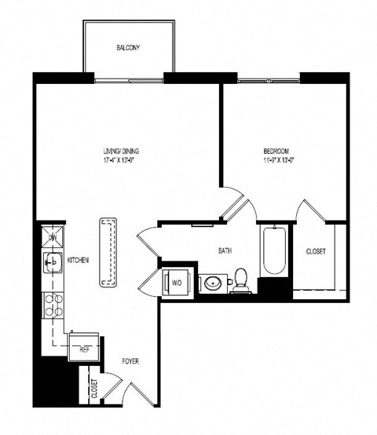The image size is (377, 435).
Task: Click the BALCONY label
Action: click(x=127, y=48)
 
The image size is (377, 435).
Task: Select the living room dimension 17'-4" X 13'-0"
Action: click(x=125, y=160)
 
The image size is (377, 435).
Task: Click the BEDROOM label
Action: click(x=276, y=151)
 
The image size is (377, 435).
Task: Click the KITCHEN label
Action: click(x=78, y=260)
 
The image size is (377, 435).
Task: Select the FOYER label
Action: click(x=131, y=362)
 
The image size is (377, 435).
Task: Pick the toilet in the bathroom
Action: click(x=241, y=280)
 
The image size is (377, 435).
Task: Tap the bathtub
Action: click(x=274, y=251)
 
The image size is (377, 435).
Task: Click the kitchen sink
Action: click(x=52, y=261)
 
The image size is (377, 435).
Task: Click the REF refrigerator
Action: click(x=83, y=345)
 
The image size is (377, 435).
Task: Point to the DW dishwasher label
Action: click(x=53, y=236)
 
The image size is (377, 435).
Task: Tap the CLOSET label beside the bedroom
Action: click(x=316, y=251)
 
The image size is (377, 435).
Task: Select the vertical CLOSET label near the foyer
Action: click(x=93, y=389)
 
